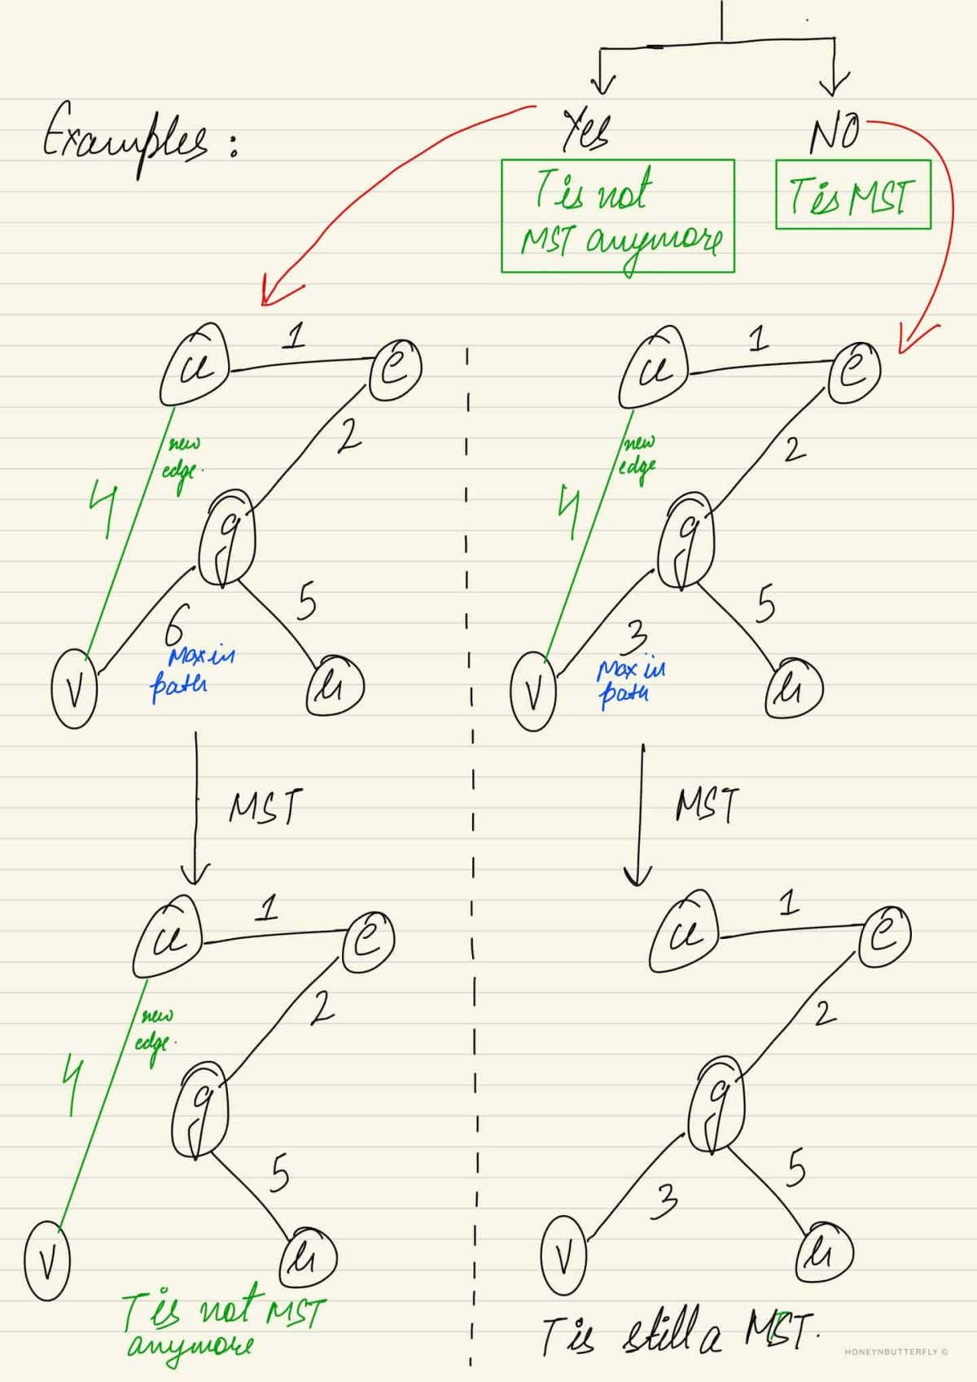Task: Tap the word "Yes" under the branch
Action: (586, 130)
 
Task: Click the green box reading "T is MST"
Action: (852, 195)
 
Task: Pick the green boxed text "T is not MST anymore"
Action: (617, 216)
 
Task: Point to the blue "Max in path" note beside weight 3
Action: (630, 681)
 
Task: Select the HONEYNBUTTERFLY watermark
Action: (896, 1352)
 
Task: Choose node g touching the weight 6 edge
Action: (228, 538)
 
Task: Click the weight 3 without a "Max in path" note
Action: (664, 1202)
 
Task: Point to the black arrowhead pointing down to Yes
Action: (602, 86)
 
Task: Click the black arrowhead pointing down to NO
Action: (834, 86)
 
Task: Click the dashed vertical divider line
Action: (471, 814)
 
